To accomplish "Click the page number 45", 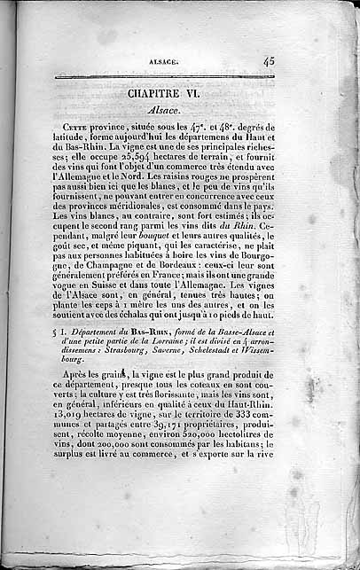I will pos(268,61).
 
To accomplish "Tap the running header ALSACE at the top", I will pos(165,61).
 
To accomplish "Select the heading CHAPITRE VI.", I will pos(165,93).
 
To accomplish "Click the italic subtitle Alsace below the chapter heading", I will pos(164,110).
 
